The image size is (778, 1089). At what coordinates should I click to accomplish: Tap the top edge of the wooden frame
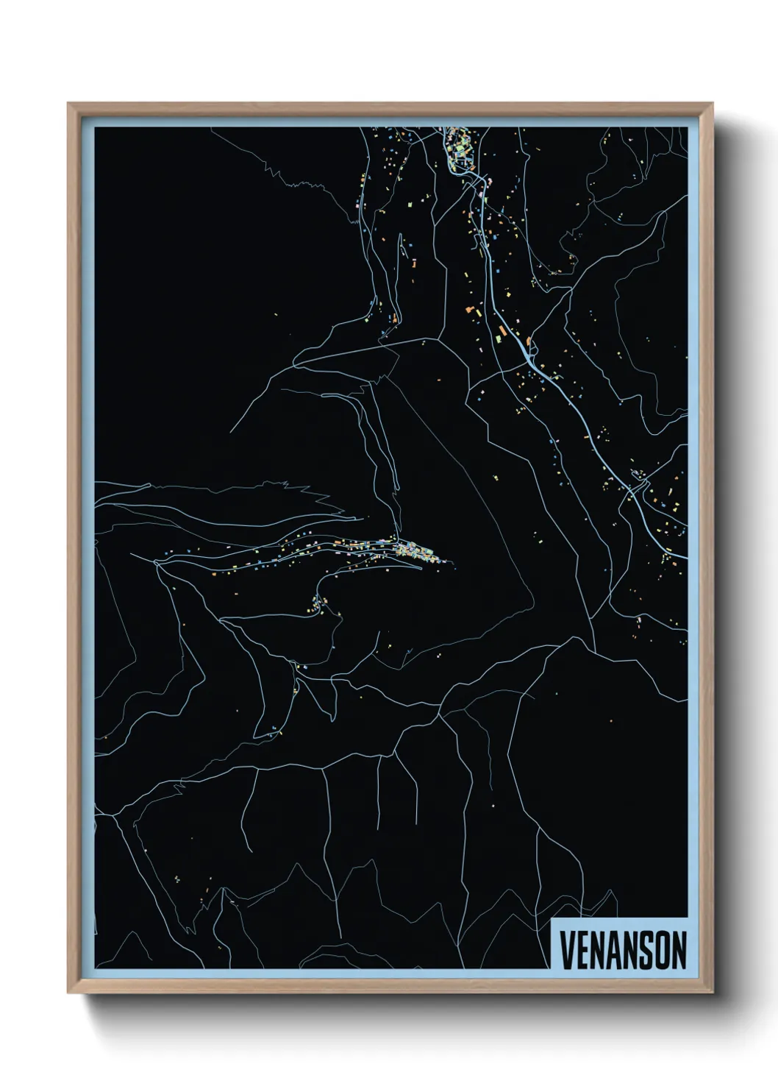[390, 107]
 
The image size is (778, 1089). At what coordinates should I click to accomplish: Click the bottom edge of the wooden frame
[390, 990]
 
